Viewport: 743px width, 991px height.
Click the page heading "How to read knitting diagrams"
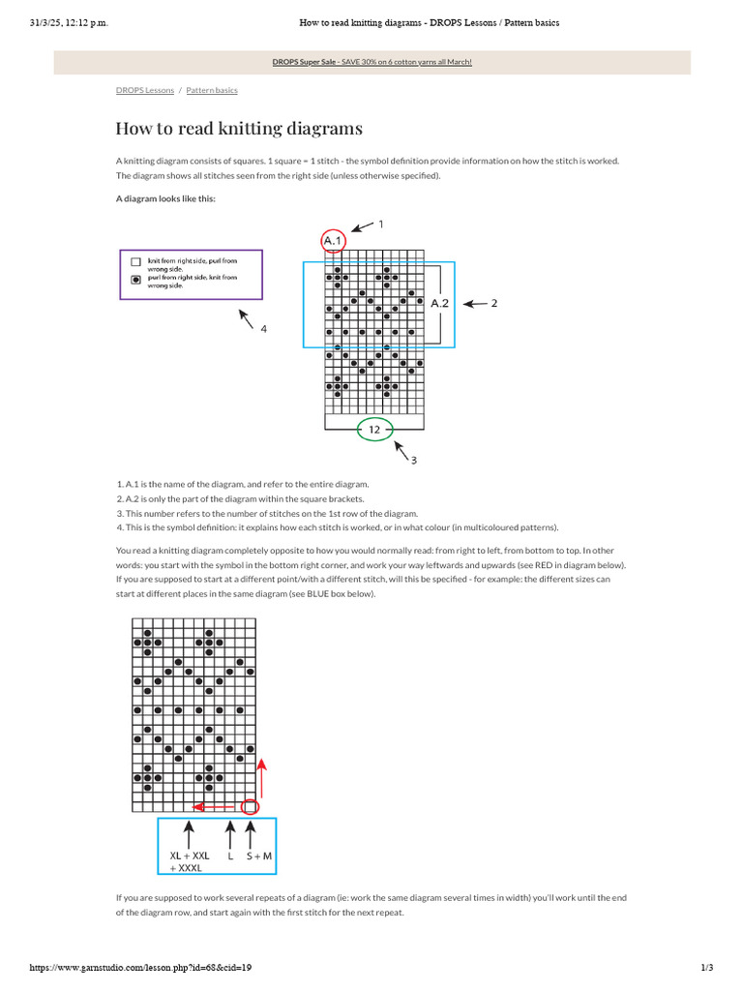pos(239,129)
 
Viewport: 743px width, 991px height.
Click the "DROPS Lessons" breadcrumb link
pos(145,90)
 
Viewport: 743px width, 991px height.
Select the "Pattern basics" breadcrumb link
pos(212,90)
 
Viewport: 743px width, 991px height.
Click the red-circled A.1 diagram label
pos(333,240)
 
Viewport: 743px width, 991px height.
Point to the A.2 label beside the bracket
pos(439,303)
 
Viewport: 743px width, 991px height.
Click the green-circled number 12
pos(374,429)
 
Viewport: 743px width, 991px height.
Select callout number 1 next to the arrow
pos(380,225)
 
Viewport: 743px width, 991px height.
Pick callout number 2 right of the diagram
pos(494,303)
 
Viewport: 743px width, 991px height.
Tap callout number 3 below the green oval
pos(413,460)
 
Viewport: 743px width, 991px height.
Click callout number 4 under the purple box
pos(263,329)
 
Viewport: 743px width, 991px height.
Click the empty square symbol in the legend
pos(135,261)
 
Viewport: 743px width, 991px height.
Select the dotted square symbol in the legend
pos(135,278)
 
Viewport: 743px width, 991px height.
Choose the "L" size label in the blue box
pos(230,856)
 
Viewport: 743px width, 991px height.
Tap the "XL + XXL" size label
pos(190,856)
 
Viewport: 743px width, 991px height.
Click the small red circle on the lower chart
pos(251,805)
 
